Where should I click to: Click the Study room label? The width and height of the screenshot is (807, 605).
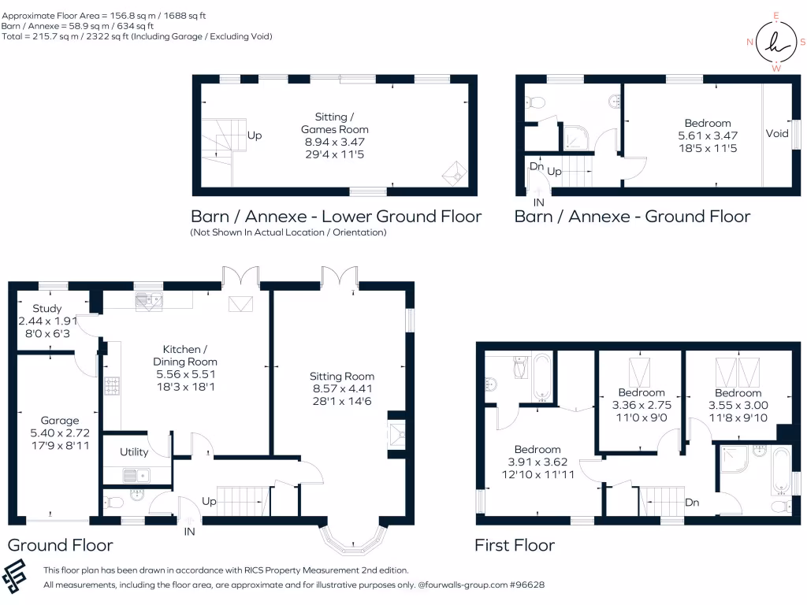[46, 308]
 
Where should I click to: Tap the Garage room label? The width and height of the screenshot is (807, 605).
[60, 421]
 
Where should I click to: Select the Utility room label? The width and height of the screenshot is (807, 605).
[134, 451]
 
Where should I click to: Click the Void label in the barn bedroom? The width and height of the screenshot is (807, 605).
[776, 133]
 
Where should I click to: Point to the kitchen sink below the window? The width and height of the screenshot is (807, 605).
[149, 300]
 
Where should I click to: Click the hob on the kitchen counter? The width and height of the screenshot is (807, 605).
[112, 386]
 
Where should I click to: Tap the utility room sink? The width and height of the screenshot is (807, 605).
[136, 475]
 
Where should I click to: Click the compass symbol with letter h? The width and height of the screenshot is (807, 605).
[776, 43]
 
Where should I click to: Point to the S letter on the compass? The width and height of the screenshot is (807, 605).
[802, 43]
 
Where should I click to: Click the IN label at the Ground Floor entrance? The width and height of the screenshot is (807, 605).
[189, 532]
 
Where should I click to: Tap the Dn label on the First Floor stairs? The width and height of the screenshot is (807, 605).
[692, 502]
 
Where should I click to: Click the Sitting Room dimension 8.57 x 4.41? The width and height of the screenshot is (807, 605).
[342, 388]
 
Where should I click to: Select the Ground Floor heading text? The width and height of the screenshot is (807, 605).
[60, 545]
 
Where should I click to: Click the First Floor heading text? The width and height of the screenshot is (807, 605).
[515, 545]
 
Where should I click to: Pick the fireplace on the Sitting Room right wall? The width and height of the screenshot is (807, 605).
[397, 435]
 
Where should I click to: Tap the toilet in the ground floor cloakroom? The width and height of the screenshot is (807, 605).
[113, 502]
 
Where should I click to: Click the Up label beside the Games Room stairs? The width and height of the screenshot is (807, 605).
[255, 135]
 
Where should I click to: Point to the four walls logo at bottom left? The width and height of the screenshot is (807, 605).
[14, 575]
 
